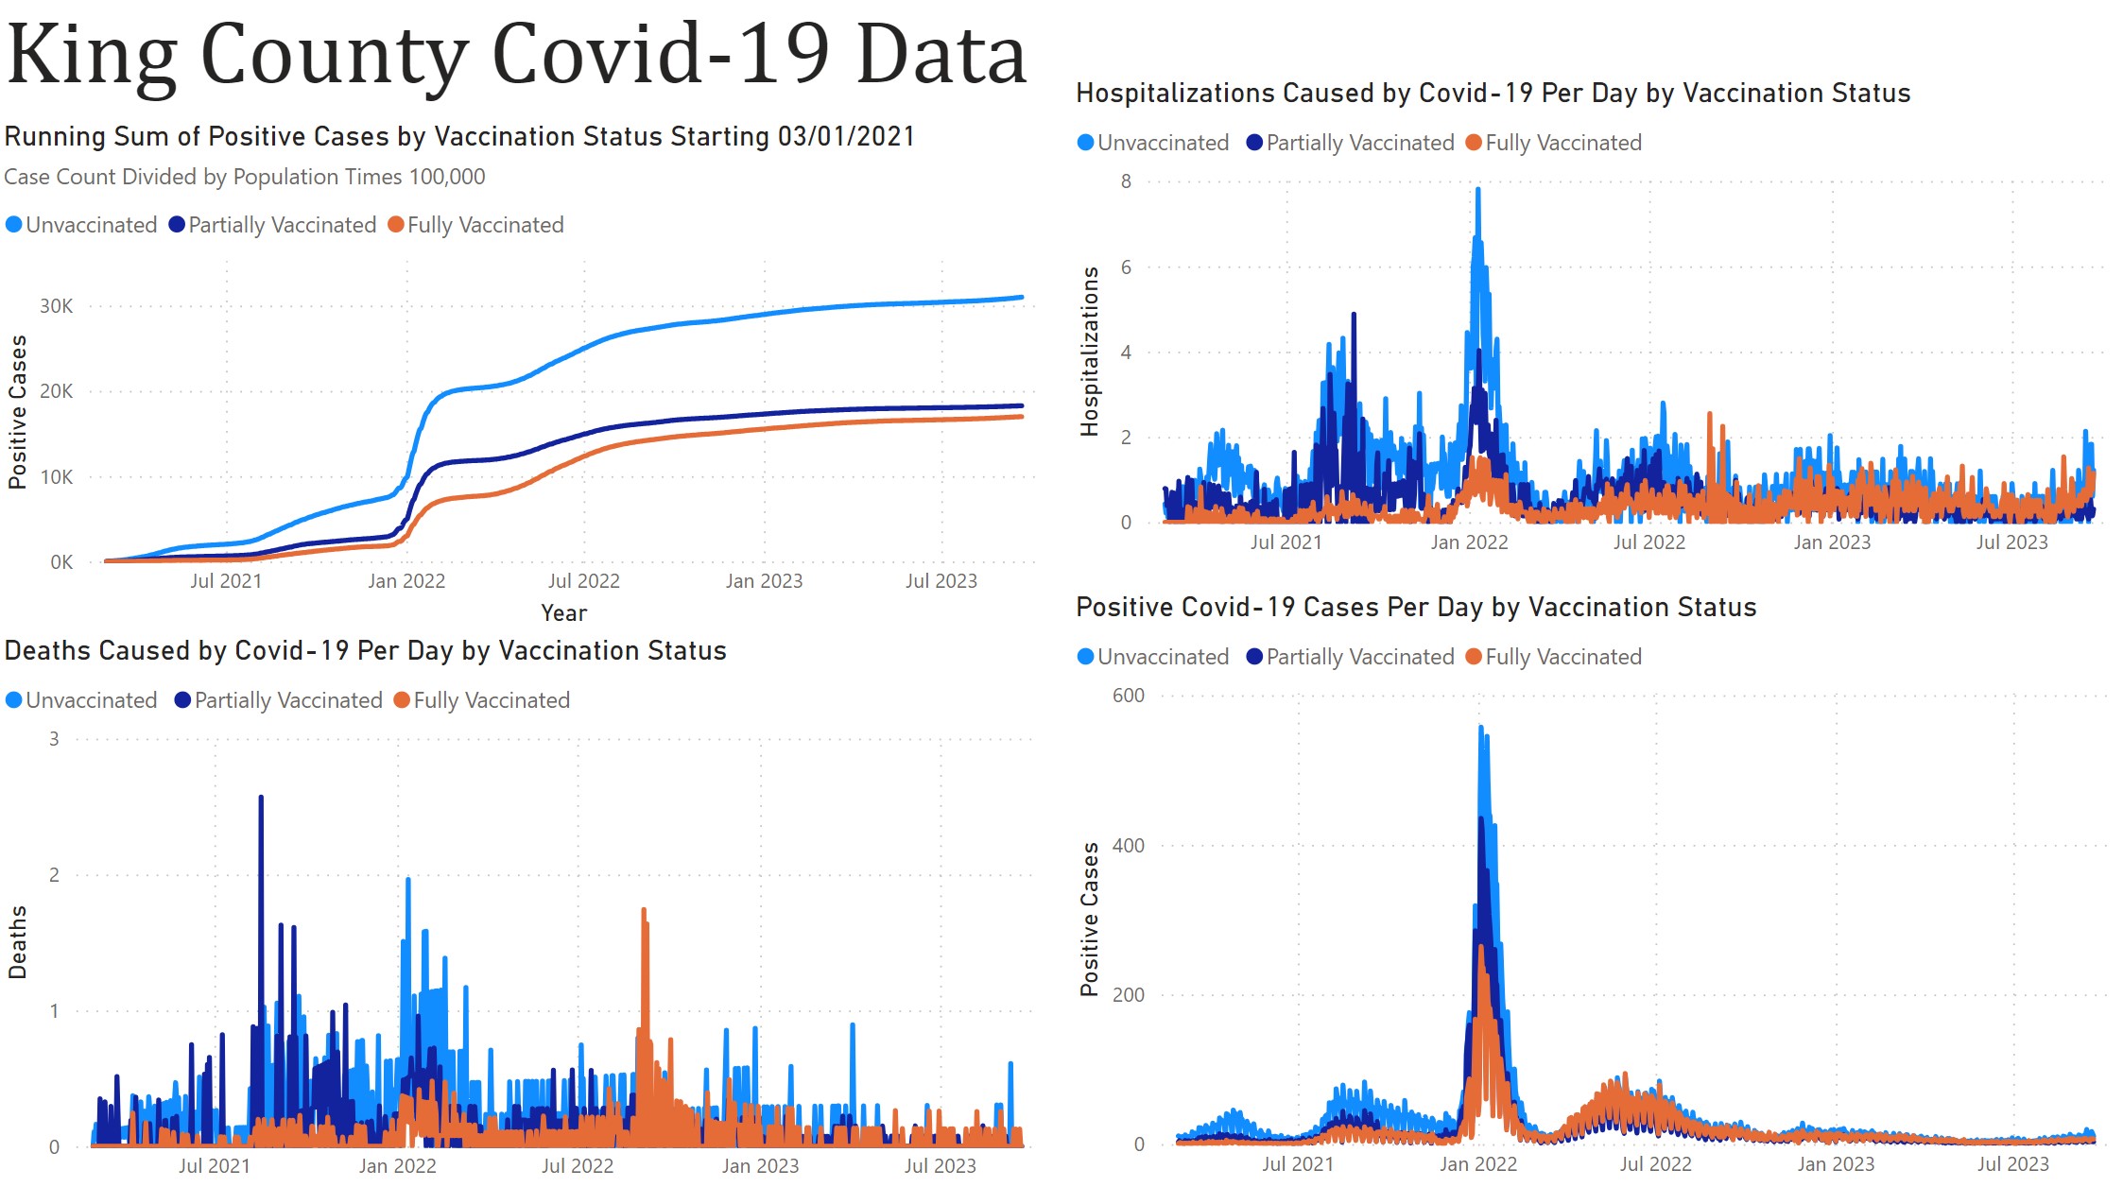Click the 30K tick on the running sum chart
56,306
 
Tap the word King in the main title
92,55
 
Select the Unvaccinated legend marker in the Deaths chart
14,700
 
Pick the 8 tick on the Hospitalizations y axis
1126,181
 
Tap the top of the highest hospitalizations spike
1477,190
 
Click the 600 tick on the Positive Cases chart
1129,696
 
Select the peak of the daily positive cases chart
1480,728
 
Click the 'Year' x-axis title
563,613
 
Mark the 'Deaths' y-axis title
17,942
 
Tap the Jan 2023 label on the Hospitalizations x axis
1832,542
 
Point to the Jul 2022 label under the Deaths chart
578,1166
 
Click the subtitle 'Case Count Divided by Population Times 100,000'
244,177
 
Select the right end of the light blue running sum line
1021,298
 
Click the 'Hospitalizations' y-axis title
1089,352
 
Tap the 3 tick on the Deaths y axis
54,739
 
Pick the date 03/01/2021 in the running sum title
846,137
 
